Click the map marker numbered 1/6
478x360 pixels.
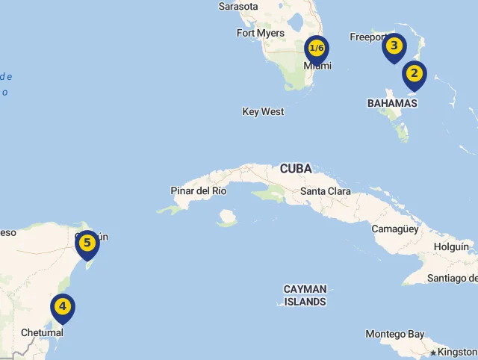pyautogui.click(x=317, y=49)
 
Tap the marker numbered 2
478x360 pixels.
pyautogui.click(x=414, y=74)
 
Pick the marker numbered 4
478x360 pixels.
pyautogui.click(x=63, y=306)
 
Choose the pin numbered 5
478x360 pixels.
pyautogui.click(x=87, y=243)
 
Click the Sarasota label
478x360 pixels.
pyautogui.click(x=238, y=7)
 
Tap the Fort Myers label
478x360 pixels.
pyautogui.click(x=261, y=33)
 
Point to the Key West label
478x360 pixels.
pyautogui.click(x=263, y=111)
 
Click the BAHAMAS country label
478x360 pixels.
pyautogui.click(x=392, y=102)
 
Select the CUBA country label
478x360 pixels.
pyautogui.click(x=296, y=169)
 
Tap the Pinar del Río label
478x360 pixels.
pyautogui.click(x=199, y=190)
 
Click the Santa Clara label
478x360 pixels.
pyautogui.click(x=325, y=191)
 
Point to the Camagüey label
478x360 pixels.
pyautogui.click(x=395, y=229)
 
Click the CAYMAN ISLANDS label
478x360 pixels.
pyautogui.click(x=305, y=295)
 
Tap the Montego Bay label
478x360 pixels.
pyautogui.click(x=395, y=334)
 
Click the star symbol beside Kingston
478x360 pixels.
pyautogui.click(x=433, y=353)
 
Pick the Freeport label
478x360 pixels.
pyautogui.click(x=367, y=37)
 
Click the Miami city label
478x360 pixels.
pyautogui.click(x=317, y=66)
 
